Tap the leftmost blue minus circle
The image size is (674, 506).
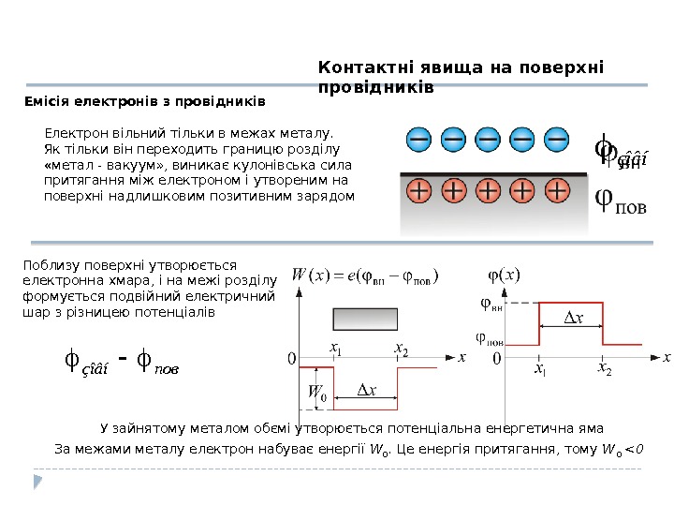[x=418, y=141]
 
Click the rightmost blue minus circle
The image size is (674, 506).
[x=556, y=141]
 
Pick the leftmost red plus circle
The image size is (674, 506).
[x=418, y=192]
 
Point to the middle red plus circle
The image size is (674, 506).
[x=487, y=192]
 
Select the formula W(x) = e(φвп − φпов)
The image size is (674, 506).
[x=366, y=275]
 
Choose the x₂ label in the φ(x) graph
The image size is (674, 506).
[x=604, y=370]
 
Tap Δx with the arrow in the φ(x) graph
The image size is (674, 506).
[x=571, y=319]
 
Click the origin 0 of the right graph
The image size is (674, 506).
[x=496, y=359]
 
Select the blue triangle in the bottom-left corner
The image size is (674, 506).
[x=38, y=482]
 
